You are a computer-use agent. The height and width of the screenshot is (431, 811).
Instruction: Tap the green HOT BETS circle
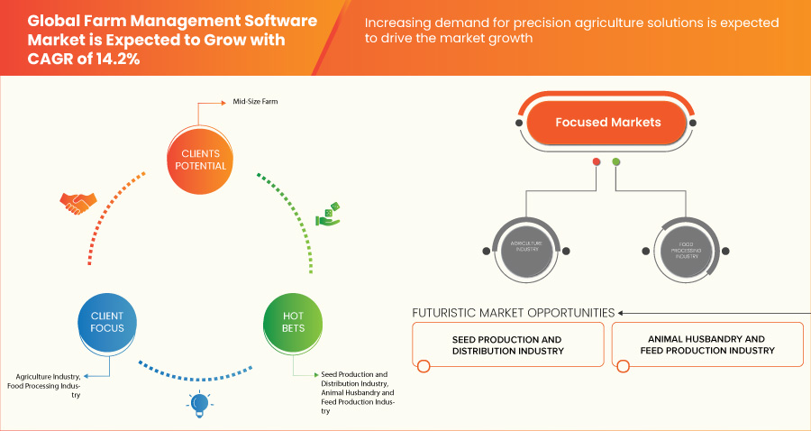click(x=293, y=322)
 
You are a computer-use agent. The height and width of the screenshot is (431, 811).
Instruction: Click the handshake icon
click(x=77, y=203)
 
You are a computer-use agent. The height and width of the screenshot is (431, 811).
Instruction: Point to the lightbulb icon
click(x=200, y=404)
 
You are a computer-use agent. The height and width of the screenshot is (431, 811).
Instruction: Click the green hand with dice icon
click(x=328, y=215)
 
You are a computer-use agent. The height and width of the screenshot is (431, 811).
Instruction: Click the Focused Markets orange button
click(x=607, y=123)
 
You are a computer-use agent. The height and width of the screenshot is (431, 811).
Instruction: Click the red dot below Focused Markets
click(x=596, y=162)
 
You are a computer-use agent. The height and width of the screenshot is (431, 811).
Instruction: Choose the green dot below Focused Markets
click(x=616, y=162)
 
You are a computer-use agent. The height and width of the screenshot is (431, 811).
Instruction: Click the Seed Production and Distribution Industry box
click(x=506, y=345)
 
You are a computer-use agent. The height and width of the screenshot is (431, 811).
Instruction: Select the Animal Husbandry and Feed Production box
click(x=706, y=345)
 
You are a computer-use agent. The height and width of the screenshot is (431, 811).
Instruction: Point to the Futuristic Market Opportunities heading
click(x=513, y=313)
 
